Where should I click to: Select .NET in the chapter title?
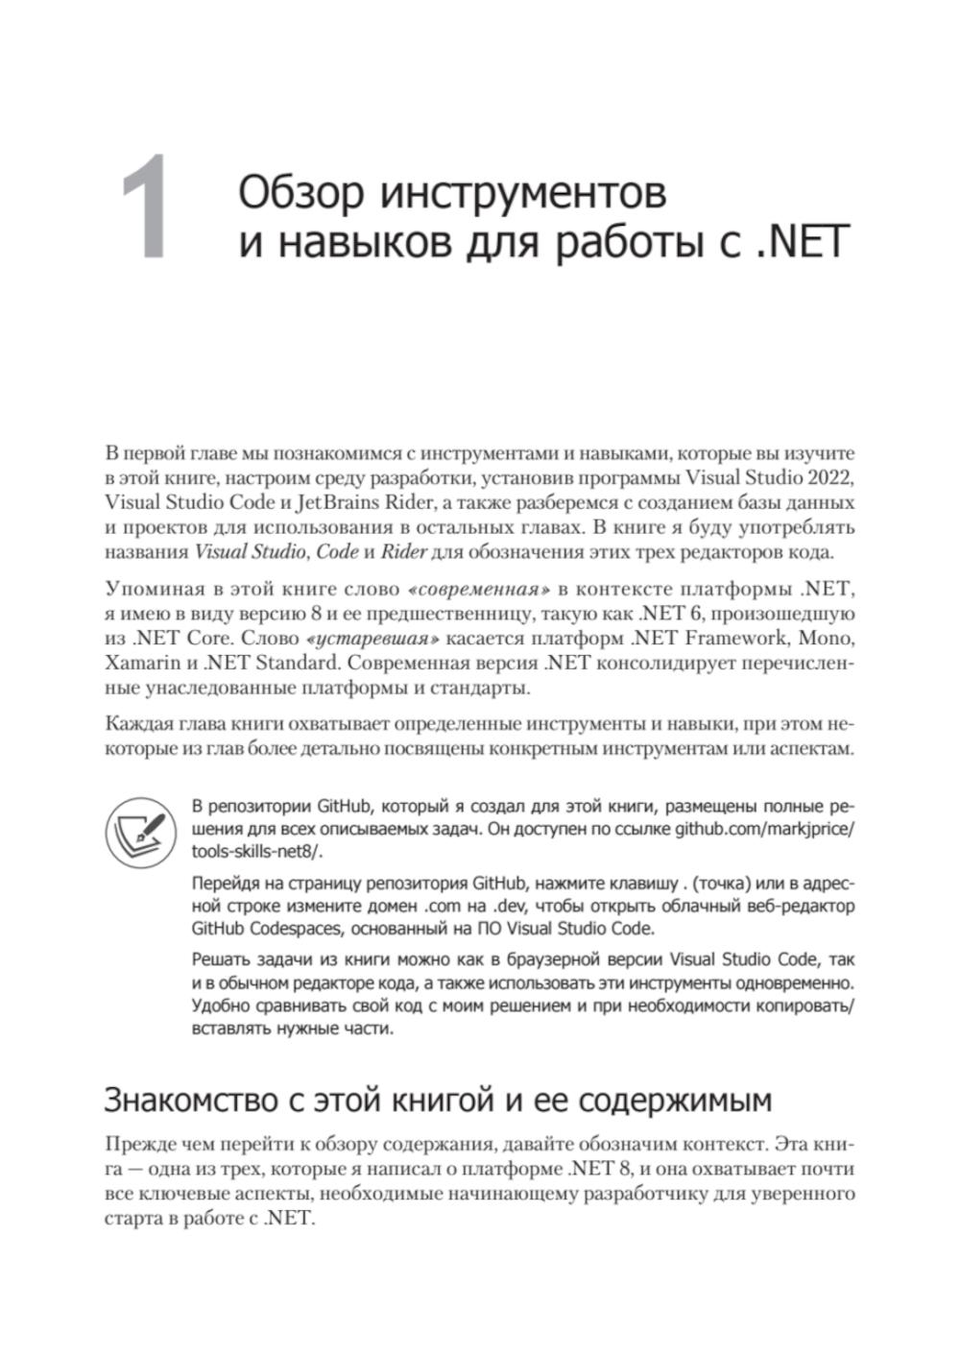[x=799, y=243]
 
